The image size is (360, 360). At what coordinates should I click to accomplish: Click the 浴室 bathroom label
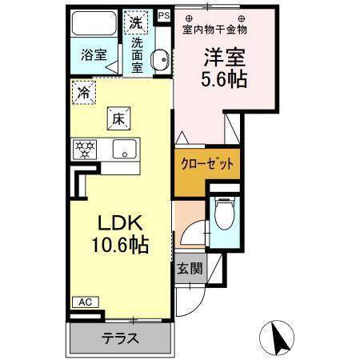coord(94,55)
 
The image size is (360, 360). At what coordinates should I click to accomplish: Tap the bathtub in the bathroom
coord(94,25)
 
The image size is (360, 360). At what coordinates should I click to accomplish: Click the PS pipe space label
coord(164,14)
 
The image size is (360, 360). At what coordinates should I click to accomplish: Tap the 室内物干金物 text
coord(215,30)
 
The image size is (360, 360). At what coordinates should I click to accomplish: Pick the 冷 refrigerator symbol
coord(83,92)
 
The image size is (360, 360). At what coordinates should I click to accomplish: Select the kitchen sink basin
coord(124,149)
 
